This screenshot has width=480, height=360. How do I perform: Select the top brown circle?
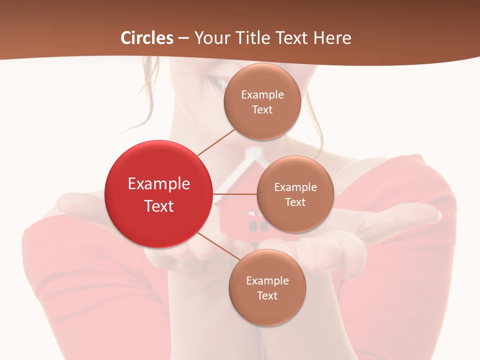pos(262,101)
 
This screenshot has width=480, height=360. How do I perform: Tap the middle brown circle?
pos(295,194)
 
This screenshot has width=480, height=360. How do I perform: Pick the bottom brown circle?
pos(267,287)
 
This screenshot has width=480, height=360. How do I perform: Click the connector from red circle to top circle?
pos(216,142)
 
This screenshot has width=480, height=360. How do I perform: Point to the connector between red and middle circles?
pos(235,194)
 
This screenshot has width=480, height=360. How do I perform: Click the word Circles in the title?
pos(147,38)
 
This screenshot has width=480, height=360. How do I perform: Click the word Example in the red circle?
pos(159,184)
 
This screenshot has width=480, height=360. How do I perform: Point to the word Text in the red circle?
pos(159,206)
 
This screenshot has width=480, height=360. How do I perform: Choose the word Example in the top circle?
pos(262,94)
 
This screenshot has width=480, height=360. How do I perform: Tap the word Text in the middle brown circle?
pos(295,202)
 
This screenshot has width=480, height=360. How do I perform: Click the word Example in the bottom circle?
pos(267,280)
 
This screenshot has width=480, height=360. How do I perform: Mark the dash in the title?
pos(183,38)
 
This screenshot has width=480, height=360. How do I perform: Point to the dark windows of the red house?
pos(258,225)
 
